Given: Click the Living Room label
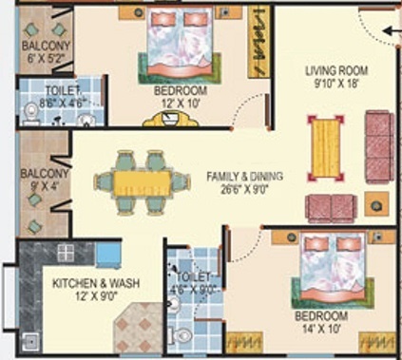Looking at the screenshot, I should pos(336,70).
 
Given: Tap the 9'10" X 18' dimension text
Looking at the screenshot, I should pos(336,83).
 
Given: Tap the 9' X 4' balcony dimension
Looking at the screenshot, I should pos(40,186).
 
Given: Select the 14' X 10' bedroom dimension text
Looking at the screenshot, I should pos(325,326).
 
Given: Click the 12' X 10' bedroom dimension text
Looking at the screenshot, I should pos(182,103).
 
